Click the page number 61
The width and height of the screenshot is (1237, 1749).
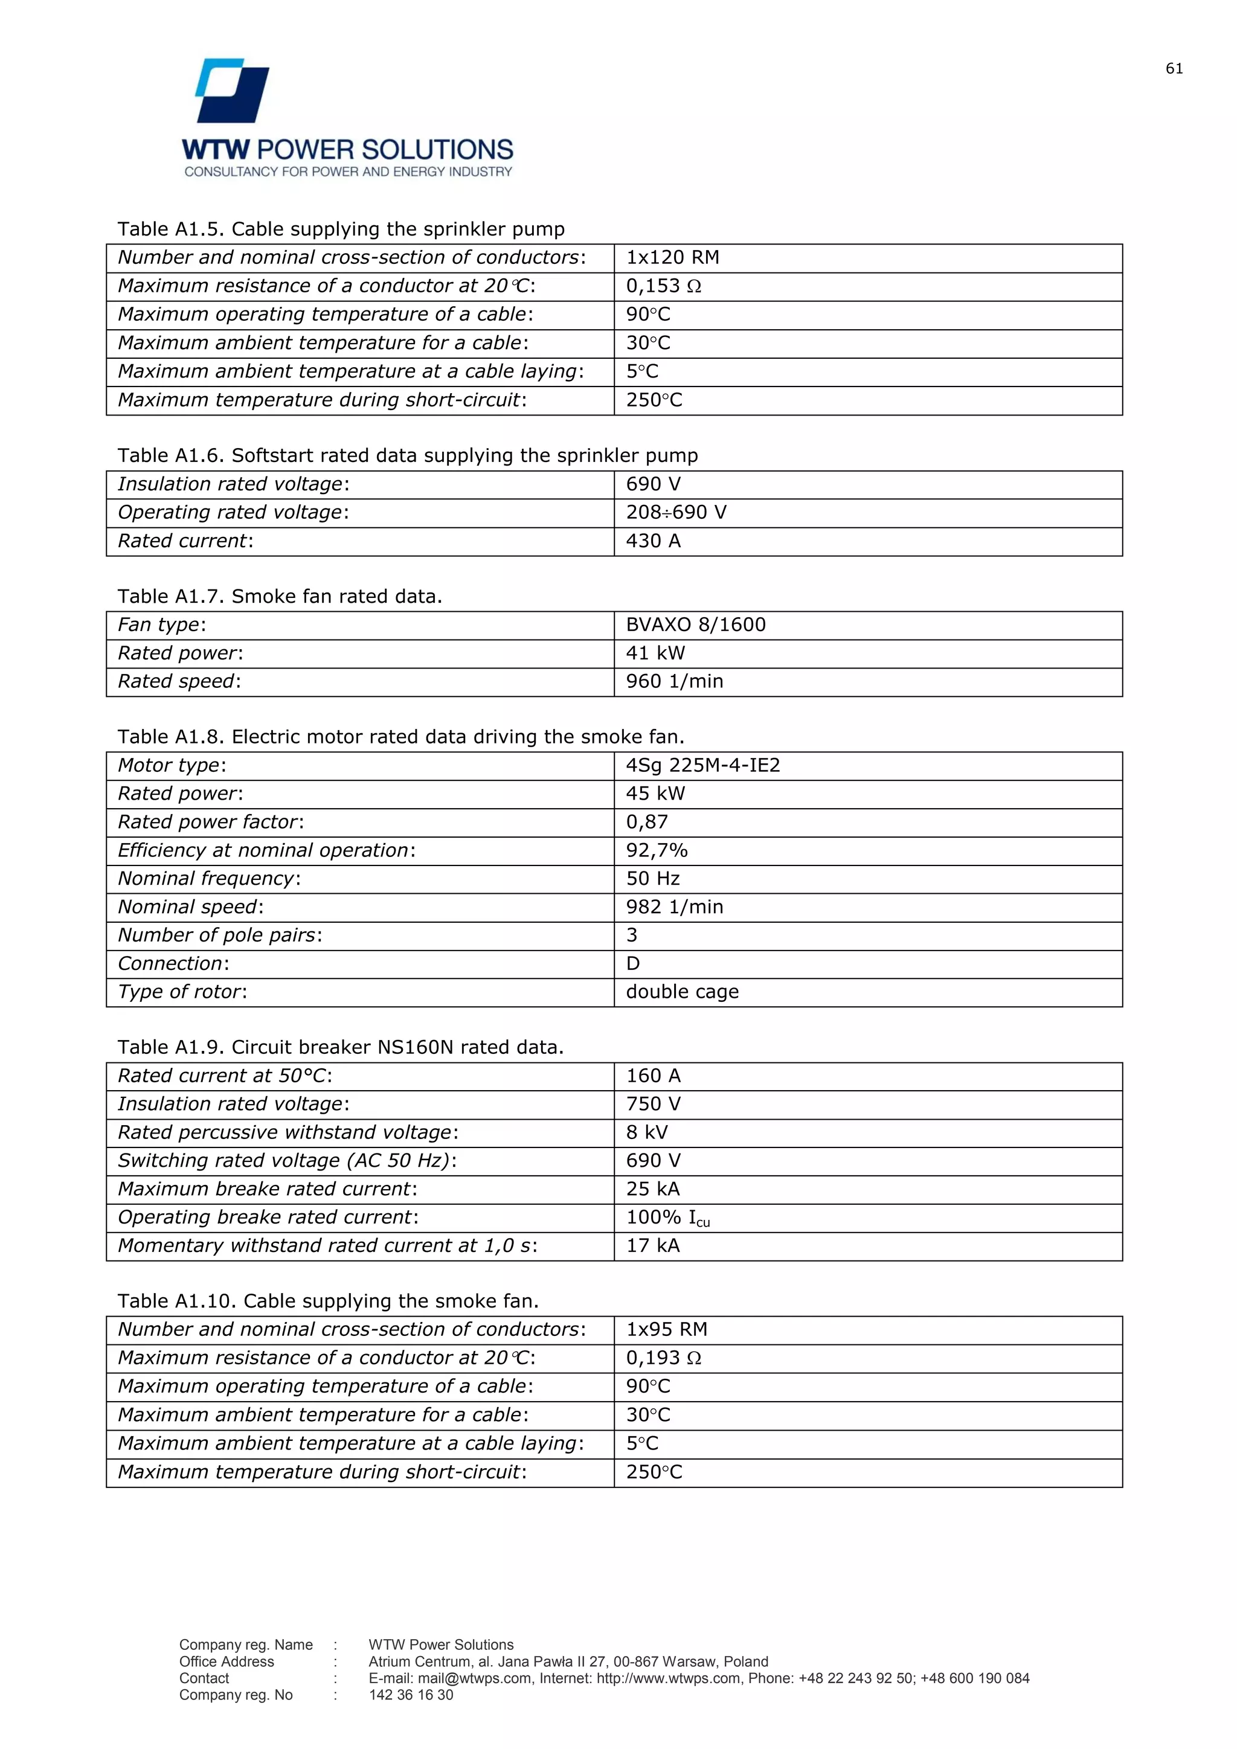(1174, 69)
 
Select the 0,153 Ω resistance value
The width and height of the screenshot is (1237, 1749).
(663, 286)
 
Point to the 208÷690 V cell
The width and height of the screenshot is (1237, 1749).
(676, 513)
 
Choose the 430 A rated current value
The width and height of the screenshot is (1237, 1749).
(653, 541)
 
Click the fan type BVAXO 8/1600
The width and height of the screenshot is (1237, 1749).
(695, 624)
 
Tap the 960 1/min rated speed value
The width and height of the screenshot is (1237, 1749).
(674, 681)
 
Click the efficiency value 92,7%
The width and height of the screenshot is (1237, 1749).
(656, 850)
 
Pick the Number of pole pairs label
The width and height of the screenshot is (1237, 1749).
(219, 935)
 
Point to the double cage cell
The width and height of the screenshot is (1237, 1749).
(682, 992)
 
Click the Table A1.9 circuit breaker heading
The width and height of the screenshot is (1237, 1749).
(339, 1047)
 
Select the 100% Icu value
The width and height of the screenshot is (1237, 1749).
(667, 1218)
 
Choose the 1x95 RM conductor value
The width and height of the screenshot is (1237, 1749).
(666, 1329)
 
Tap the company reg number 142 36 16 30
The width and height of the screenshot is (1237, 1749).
(411, 1695)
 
